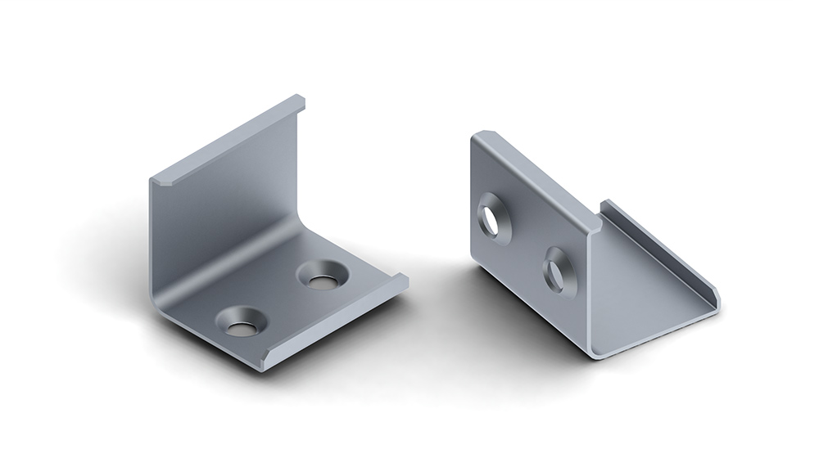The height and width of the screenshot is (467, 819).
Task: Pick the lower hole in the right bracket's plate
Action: pyautogui.click(x=559, y=271)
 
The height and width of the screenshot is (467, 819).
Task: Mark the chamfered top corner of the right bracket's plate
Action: pyautogui.click(x=481, y=135)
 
